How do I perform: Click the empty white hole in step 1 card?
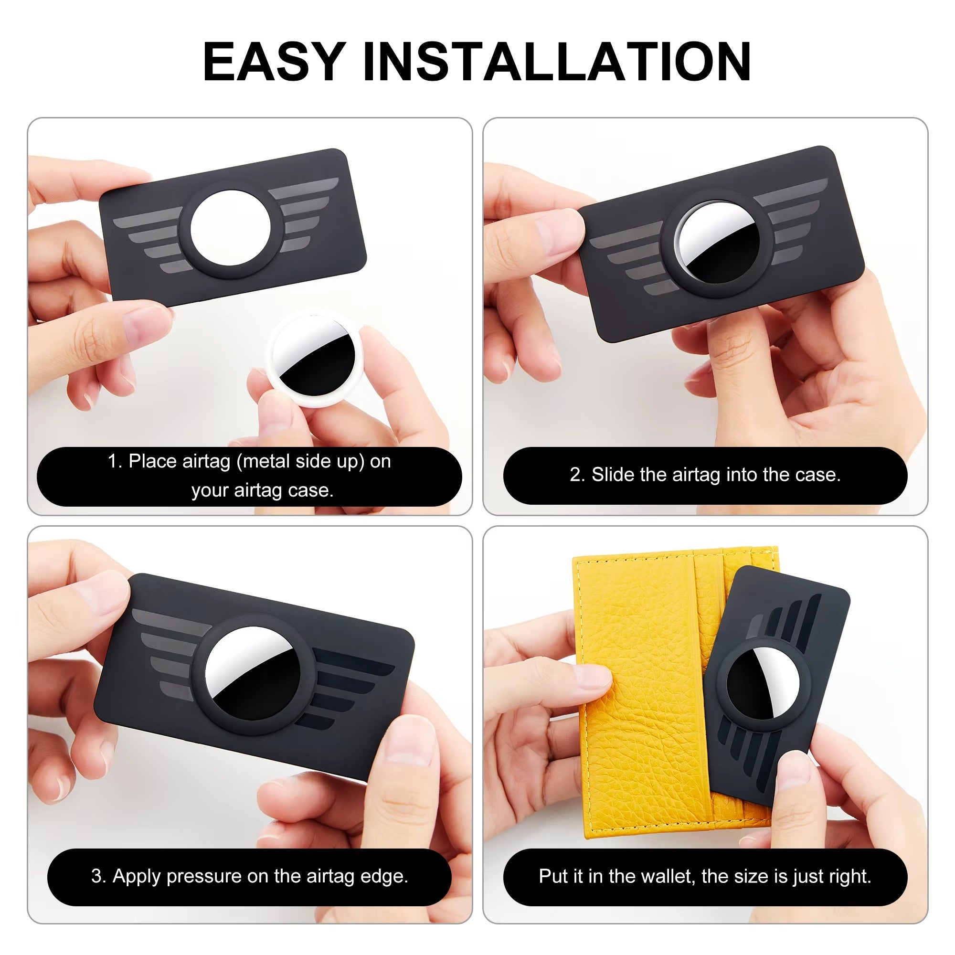point(230,228)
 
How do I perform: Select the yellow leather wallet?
point(643,692)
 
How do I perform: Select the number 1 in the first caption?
point(113,461)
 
